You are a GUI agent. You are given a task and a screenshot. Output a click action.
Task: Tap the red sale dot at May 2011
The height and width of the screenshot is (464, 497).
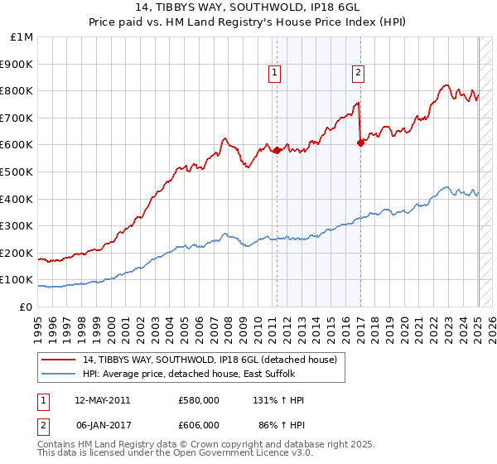277,151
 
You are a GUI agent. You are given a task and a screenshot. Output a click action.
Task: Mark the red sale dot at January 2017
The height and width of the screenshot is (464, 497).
360,143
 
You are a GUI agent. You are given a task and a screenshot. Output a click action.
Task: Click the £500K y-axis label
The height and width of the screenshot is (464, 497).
18,172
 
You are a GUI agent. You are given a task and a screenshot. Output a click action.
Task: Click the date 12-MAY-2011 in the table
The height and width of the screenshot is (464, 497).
103,400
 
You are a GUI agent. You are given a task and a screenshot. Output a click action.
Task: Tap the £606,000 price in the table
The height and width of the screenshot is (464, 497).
199,424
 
